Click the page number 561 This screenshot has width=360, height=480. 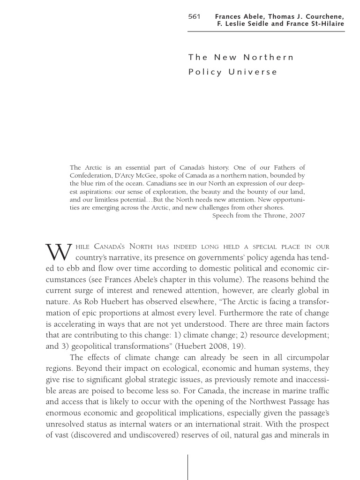194,16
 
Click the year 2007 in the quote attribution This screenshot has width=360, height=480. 297,216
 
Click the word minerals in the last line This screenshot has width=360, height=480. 305,436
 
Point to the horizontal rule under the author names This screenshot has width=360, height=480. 266,32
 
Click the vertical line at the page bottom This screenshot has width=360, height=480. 188,466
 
